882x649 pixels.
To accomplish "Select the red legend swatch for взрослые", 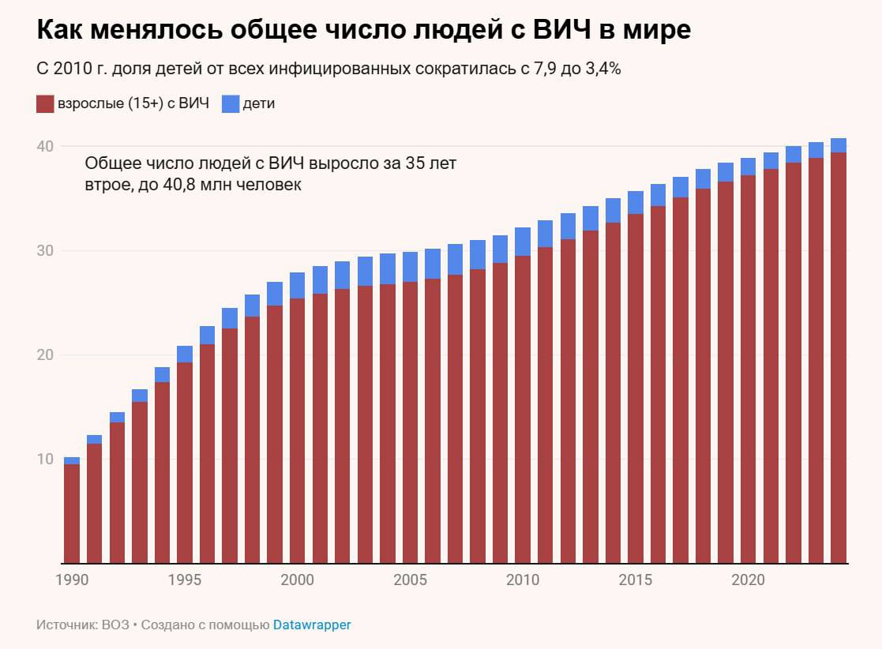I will pyautogui.click(x=45, y=103).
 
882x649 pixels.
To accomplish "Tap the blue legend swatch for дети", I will pyautogui.click(x=231, y=103).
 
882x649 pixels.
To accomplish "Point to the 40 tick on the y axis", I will pyautogui.click(x=43, y=147).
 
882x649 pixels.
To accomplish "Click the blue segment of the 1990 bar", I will pyautogui.click(x=72, y=460).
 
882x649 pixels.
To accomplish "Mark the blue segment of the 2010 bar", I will pyautogui.click(x=523, y=242).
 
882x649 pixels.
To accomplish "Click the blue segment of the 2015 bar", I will pyautogui.click(x=636, y=202).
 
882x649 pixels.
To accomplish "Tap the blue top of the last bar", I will pyautogui.click(x=839, y=145).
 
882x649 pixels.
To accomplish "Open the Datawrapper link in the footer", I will pyautogui.click(x=312, y=625).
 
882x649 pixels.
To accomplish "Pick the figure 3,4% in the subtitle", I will pyautogui.click(x=604, y=69).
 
